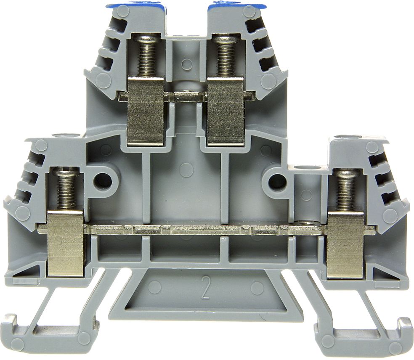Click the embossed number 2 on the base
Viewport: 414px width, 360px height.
click(x=206, y=287)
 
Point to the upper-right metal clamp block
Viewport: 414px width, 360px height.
click(x=225, y=111)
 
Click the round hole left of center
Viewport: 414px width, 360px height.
click(x=103, y=181)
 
